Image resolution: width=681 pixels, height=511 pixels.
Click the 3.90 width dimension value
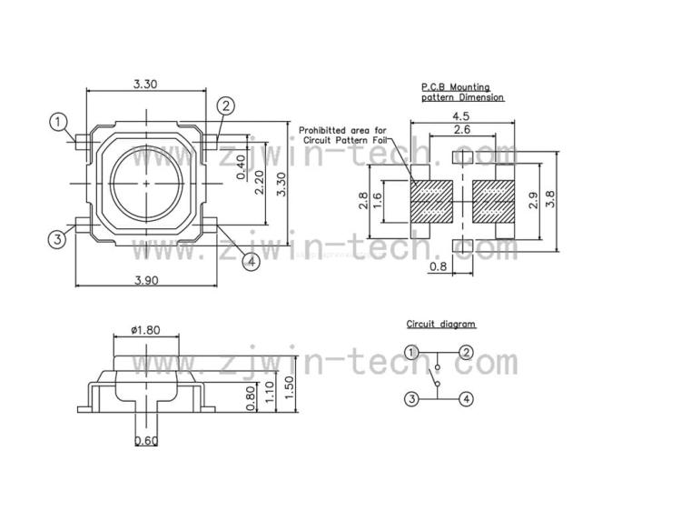[146, 280]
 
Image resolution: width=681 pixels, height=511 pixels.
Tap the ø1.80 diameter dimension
[145, 330]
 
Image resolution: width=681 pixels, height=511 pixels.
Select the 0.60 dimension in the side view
[146, 441]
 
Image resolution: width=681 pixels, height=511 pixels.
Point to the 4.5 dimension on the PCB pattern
[460, 116]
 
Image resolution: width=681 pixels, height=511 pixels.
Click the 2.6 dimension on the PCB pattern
[461, 129]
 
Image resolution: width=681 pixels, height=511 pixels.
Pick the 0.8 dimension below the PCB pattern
[438, 266]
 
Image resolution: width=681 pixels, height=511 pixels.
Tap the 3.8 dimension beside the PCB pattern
[550, 200]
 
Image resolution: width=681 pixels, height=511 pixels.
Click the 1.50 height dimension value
[290, 387]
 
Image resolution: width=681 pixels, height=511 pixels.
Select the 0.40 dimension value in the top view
[241, 167]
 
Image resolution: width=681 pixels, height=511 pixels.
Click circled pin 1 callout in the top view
[58, 122]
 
